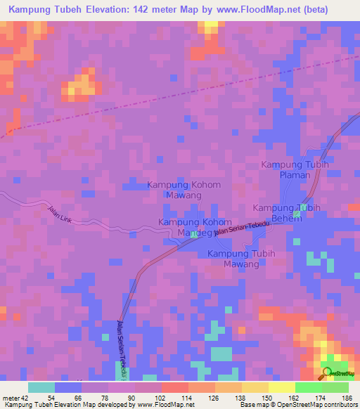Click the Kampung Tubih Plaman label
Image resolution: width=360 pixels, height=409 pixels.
[295, 169]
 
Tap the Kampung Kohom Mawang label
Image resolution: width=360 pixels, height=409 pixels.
[184, 190]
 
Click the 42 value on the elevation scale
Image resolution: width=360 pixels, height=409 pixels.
[25, 398]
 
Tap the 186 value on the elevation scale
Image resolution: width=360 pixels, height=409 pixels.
[347, 398]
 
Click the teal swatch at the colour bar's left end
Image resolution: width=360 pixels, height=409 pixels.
[41, 387]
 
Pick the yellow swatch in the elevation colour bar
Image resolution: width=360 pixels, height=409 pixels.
[255, 387]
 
